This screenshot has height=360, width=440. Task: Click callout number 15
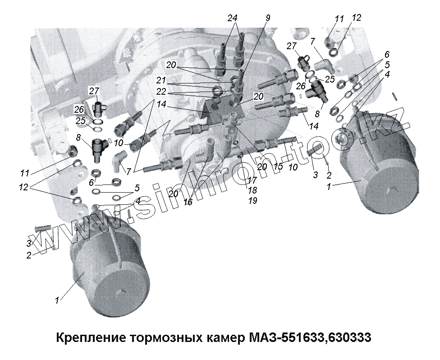pos(278,166)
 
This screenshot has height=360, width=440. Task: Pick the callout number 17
pos(252,180)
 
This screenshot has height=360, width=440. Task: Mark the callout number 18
pos(252,190)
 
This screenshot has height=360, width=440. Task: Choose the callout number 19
pos(252,200)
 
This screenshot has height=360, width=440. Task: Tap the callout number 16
pos(188,202)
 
